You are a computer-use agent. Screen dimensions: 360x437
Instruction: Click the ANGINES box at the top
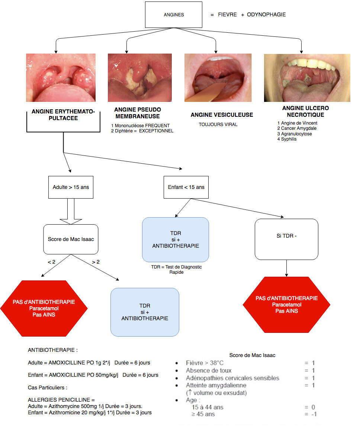click(174, 15)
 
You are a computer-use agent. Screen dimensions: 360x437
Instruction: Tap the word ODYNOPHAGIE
click(266, 15)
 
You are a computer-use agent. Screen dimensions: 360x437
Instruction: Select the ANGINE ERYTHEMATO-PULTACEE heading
click(63, 115)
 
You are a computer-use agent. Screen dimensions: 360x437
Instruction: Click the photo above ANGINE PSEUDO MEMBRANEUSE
click(140, 78)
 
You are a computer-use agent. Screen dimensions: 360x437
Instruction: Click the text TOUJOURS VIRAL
click(218, 125)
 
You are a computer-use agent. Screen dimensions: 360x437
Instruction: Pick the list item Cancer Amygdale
click(297, 128)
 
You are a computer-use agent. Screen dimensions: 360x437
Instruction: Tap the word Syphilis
click(289, 139)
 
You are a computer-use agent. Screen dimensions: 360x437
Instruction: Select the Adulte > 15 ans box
click(71, 187)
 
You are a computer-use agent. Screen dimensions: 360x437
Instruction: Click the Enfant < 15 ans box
click(186, 187)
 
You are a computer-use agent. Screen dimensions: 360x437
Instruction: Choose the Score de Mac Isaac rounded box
click(71, 239)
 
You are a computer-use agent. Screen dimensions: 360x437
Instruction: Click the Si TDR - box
click(286, 239)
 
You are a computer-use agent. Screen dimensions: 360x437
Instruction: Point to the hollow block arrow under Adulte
click(71, 211)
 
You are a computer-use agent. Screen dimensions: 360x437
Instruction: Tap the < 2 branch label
click(52, 262)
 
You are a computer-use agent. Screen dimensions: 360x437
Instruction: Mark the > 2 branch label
click(96, 262)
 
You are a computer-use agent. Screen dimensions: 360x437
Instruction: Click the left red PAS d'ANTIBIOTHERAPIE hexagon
click(44, 308)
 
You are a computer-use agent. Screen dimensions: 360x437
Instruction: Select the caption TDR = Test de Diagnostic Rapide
click(176, 270)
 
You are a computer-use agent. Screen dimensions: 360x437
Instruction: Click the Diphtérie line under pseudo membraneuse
click(142, 131)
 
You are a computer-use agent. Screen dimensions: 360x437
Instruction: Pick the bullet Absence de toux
click(209, 370)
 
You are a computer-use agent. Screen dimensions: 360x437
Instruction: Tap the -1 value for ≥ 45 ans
click(314, 414)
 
